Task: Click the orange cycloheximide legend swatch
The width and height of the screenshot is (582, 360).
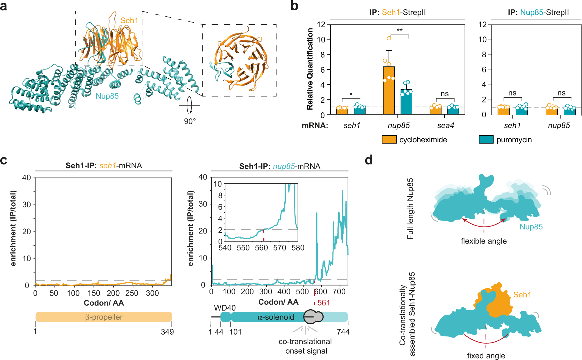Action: [389, 139]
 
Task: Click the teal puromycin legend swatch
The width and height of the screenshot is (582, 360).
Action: [486, 139]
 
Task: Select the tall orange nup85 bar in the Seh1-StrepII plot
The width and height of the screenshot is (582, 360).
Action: [389, 90]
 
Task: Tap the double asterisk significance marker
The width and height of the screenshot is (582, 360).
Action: [400, 31]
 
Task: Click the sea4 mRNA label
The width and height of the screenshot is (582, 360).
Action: [445, 125]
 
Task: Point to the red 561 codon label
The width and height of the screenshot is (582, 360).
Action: [324, 303]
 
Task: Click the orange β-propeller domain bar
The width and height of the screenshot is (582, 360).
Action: [104, 317]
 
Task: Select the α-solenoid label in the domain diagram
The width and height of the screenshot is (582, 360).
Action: [276, 317]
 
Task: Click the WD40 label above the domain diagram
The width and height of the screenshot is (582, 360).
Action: [225, 308]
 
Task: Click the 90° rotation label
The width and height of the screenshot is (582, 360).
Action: [190, 121]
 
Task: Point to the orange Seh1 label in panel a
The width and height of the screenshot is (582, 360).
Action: [129, 20]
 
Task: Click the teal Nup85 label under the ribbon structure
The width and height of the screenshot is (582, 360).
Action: [107, 96]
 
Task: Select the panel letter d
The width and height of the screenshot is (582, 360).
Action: [369, 160]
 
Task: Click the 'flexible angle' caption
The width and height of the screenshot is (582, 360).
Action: [484, 241]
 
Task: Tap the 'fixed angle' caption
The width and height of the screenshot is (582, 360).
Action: [486, 356]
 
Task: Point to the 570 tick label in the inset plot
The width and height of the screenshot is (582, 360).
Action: [279, 248]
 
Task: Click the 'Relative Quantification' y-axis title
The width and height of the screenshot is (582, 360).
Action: [310, 69]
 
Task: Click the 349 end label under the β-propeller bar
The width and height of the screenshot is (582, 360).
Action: [167, 332]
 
